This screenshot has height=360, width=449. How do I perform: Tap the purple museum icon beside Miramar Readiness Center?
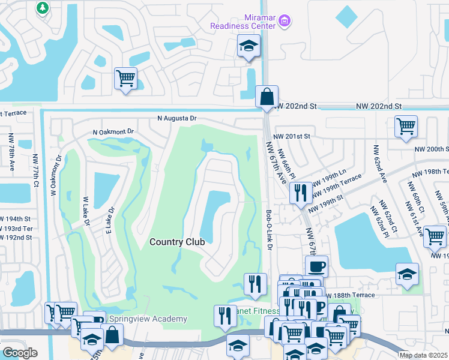pyautogui.click(x=285, y=22)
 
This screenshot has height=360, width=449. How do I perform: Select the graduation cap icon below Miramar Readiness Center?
pyautogui.click(x=248, y=46)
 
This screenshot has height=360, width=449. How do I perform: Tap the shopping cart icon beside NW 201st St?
pyautogui.click(x=406, y=127)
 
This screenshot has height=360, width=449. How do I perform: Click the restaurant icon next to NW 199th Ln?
pyautogui.click(x=300, y=192)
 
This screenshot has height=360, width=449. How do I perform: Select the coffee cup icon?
pyautogui.click(x=316, y=266)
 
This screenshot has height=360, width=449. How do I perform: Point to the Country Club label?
pyautogui.click(x=177, y=242)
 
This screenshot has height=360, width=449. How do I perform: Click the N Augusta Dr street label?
pyautogui.click(x=177, y=119)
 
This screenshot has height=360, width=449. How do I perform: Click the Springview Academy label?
pyautogui.click(x=148, y=319)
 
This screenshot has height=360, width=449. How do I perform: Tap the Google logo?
pyautogui.click(x=20, y=353)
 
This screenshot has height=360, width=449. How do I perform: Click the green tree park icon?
pyautogui.click(x=43, y=8)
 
